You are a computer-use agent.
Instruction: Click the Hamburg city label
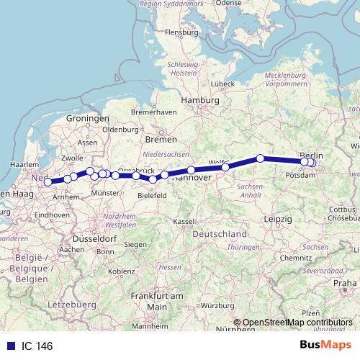tap(199, 100)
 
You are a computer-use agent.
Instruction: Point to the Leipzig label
tap(278, 218)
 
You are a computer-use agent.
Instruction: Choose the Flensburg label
tap(181, 32)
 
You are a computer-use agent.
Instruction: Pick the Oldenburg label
tap(119, 130)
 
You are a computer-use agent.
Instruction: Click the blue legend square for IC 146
tap(7, 346)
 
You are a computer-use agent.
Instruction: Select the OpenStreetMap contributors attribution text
tap(297, 323)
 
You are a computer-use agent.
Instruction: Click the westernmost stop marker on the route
tap(48, 182)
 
